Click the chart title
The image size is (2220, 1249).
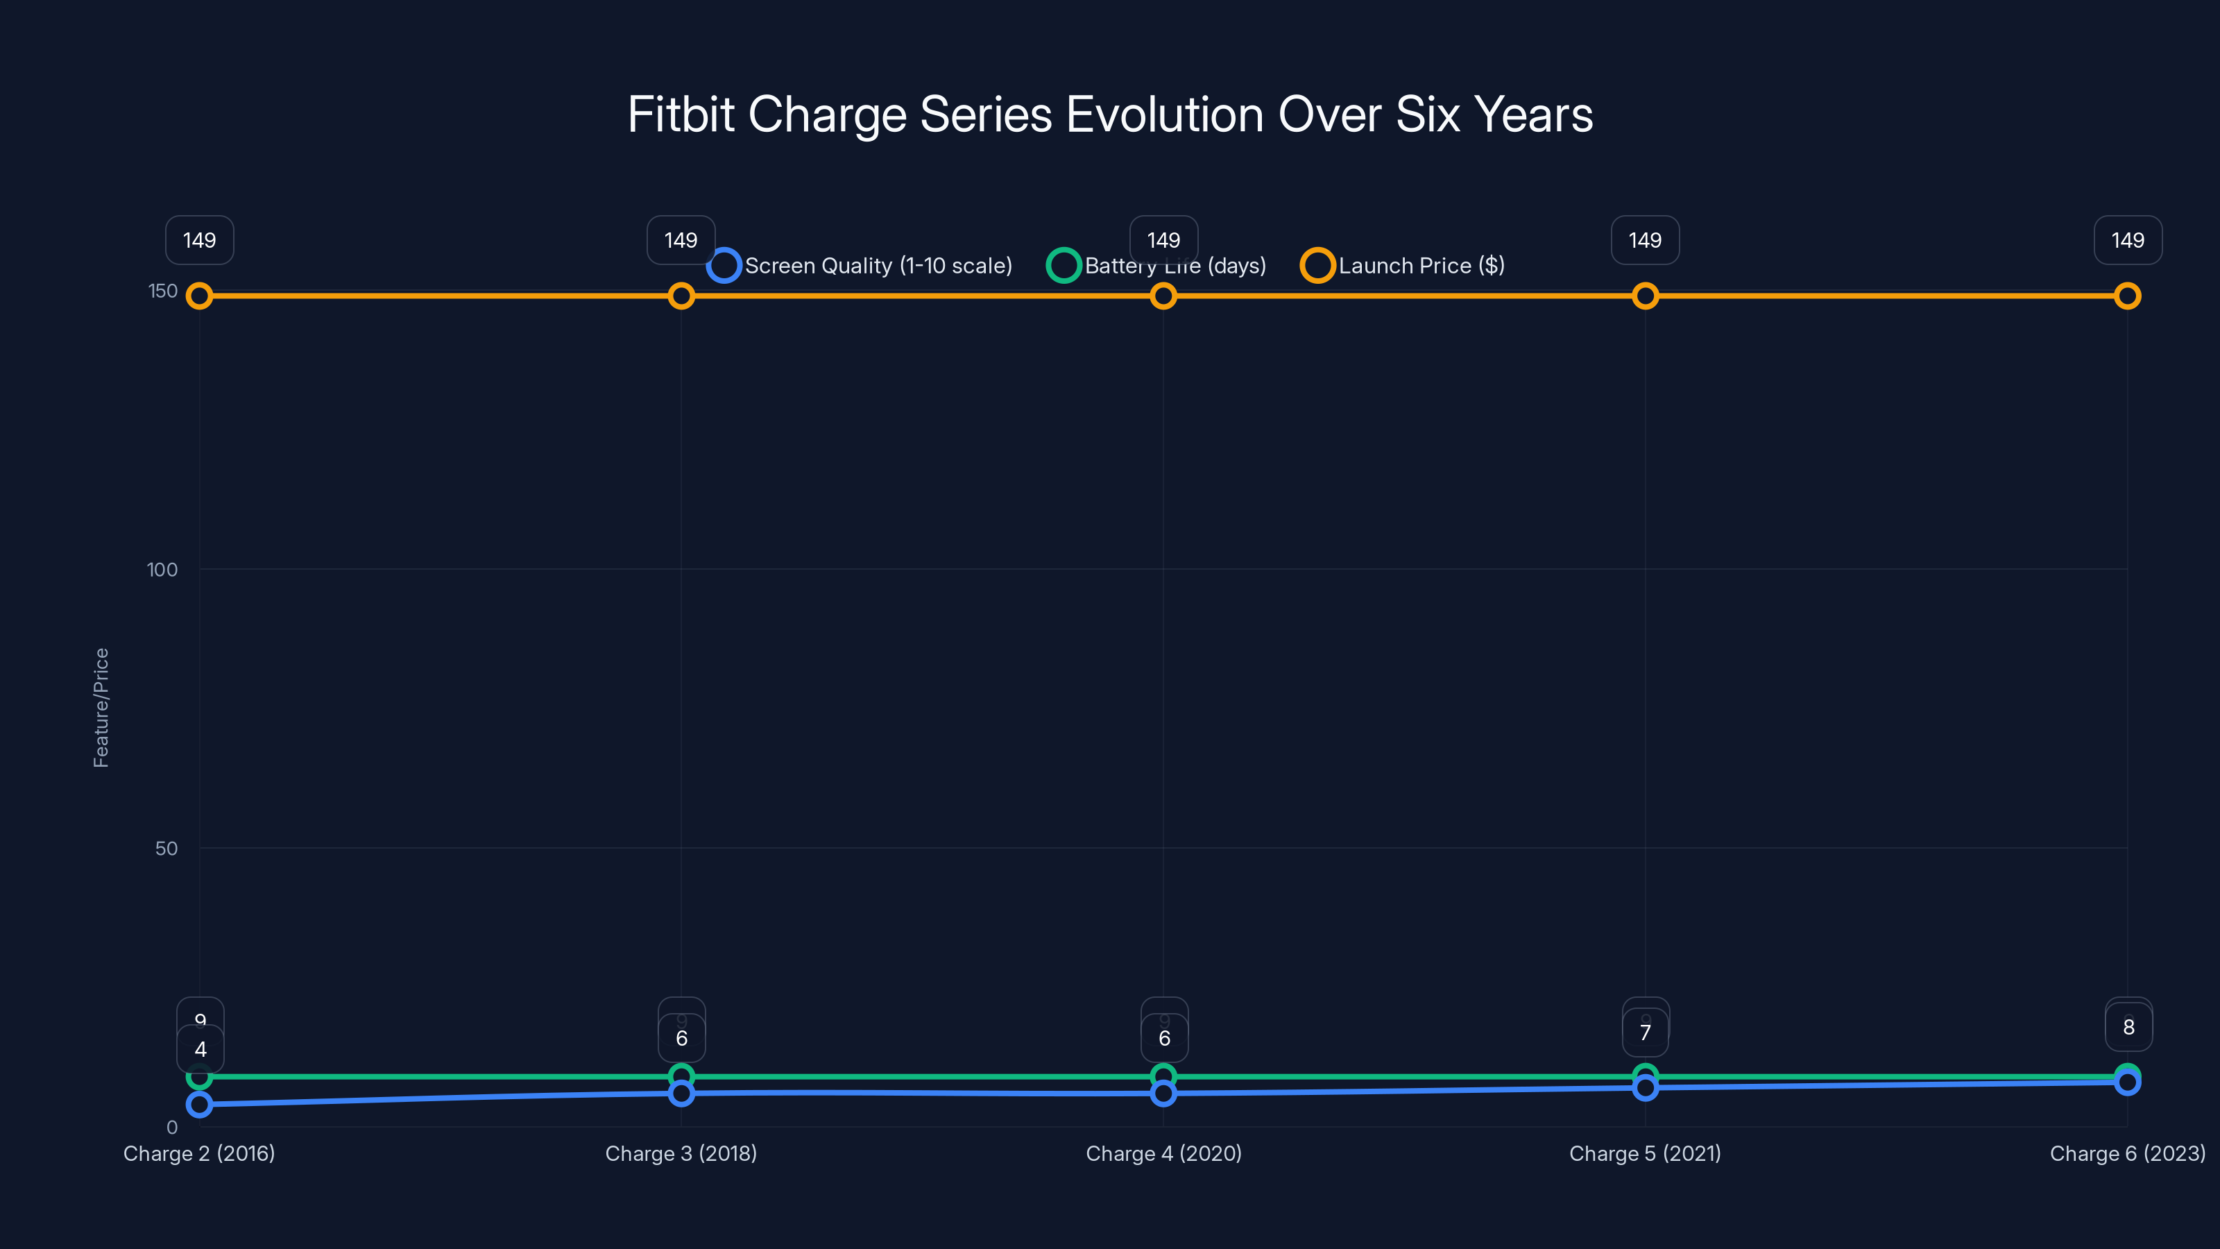pyautogui.click(x=1110, y=114)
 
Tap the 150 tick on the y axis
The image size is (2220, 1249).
pyautogui.click(x=163, y=291)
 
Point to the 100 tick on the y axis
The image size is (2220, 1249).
pyautogui.click(x=162, y=570)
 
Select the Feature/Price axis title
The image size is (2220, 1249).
pyautogui.click(x=101, y=708)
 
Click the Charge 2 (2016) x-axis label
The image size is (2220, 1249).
pyautogui.click(x=199, y=1153)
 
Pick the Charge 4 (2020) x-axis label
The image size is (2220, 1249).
pyautogui.click(x=1163, y=1153)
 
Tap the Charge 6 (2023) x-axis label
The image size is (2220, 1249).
pyautogui.click(x=2127, y=1153)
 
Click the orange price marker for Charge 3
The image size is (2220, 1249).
pyautogui.click(x=681, y=296)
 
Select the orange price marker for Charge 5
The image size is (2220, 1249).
pyautogui.click(x=1644, y=296)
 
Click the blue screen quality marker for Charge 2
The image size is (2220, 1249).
pyautogui.click(x=199, y=1104)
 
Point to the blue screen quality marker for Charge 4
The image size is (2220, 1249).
pyautogui.click(x=1163, y=1093)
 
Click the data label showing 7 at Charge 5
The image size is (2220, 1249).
pyautogui.click(x=1644, y=1033)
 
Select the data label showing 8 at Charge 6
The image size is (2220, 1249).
pyautogui.click(x=2128, y=1028)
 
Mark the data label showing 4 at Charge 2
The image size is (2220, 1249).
pyautogui.click(x=200, y=1050)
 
